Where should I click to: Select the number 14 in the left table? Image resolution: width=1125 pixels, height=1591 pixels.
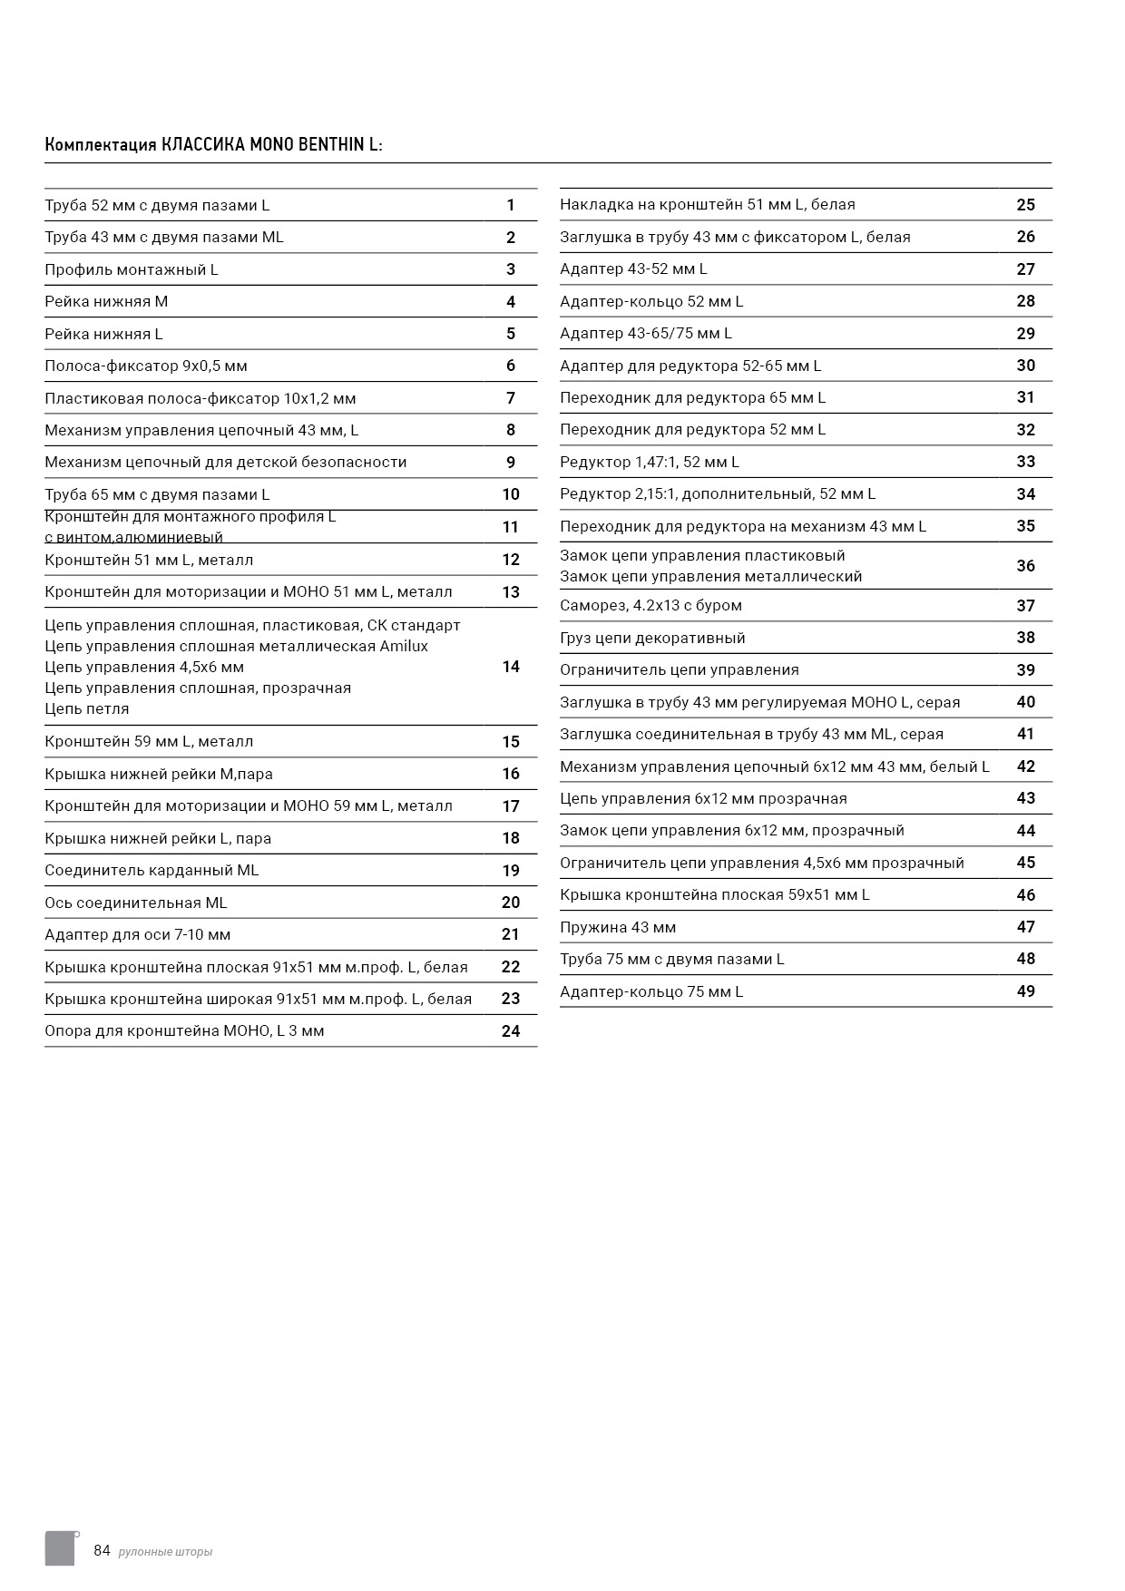511,667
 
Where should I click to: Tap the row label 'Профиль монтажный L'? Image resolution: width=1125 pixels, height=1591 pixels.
132,269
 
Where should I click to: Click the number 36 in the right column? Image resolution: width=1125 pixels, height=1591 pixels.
1025,566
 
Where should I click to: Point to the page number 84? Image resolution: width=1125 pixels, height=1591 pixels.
102,1550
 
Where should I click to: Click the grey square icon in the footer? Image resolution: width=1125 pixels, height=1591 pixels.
60,1548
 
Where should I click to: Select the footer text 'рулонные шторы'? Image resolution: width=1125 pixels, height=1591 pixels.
165,1552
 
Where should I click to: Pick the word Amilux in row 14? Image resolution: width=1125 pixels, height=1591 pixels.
404,646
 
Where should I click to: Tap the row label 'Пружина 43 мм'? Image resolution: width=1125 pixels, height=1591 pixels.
618,927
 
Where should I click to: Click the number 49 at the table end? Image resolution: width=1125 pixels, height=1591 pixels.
1025,991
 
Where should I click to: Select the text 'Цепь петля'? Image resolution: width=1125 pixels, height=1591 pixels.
87,708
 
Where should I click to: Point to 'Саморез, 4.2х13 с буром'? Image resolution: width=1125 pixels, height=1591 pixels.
651,605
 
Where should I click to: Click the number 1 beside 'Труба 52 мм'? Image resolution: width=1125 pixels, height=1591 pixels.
511,205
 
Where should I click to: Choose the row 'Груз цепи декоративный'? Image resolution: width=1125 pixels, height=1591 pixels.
652,638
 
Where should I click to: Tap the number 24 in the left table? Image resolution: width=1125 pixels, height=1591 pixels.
511,1030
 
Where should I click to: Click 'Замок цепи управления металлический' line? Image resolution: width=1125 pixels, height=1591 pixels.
710,576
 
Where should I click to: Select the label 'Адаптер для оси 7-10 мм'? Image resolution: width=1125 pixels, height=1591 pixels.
138,934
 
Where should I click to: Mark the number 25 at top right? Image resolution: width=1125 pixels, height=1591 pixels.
1025,205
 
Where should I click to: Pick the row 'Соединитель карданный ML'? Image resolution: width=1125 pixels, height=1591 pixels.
152,870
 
